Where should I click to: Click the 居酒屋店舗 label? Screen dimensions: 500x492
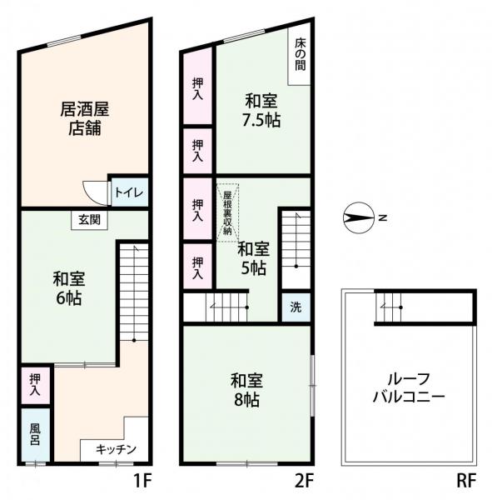tap(85, 118)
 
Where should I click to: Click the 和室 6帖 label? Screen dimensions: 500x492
tap(69, 288)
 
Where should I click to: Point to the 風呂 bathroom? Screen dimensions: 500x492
tap(36, 433)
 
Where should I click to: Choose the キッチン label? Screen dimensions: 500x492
tap(116, 450)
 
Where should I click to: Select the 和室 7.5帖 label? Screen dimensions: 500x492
tap(262, 111)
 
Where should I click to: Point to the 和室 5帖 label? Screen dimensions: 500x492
tap(253, 257)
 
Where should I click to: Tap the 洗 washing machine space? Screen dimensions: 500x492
tap(295, 307)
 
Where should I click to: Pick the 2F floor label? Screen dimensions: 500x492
tap(304, 481)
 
